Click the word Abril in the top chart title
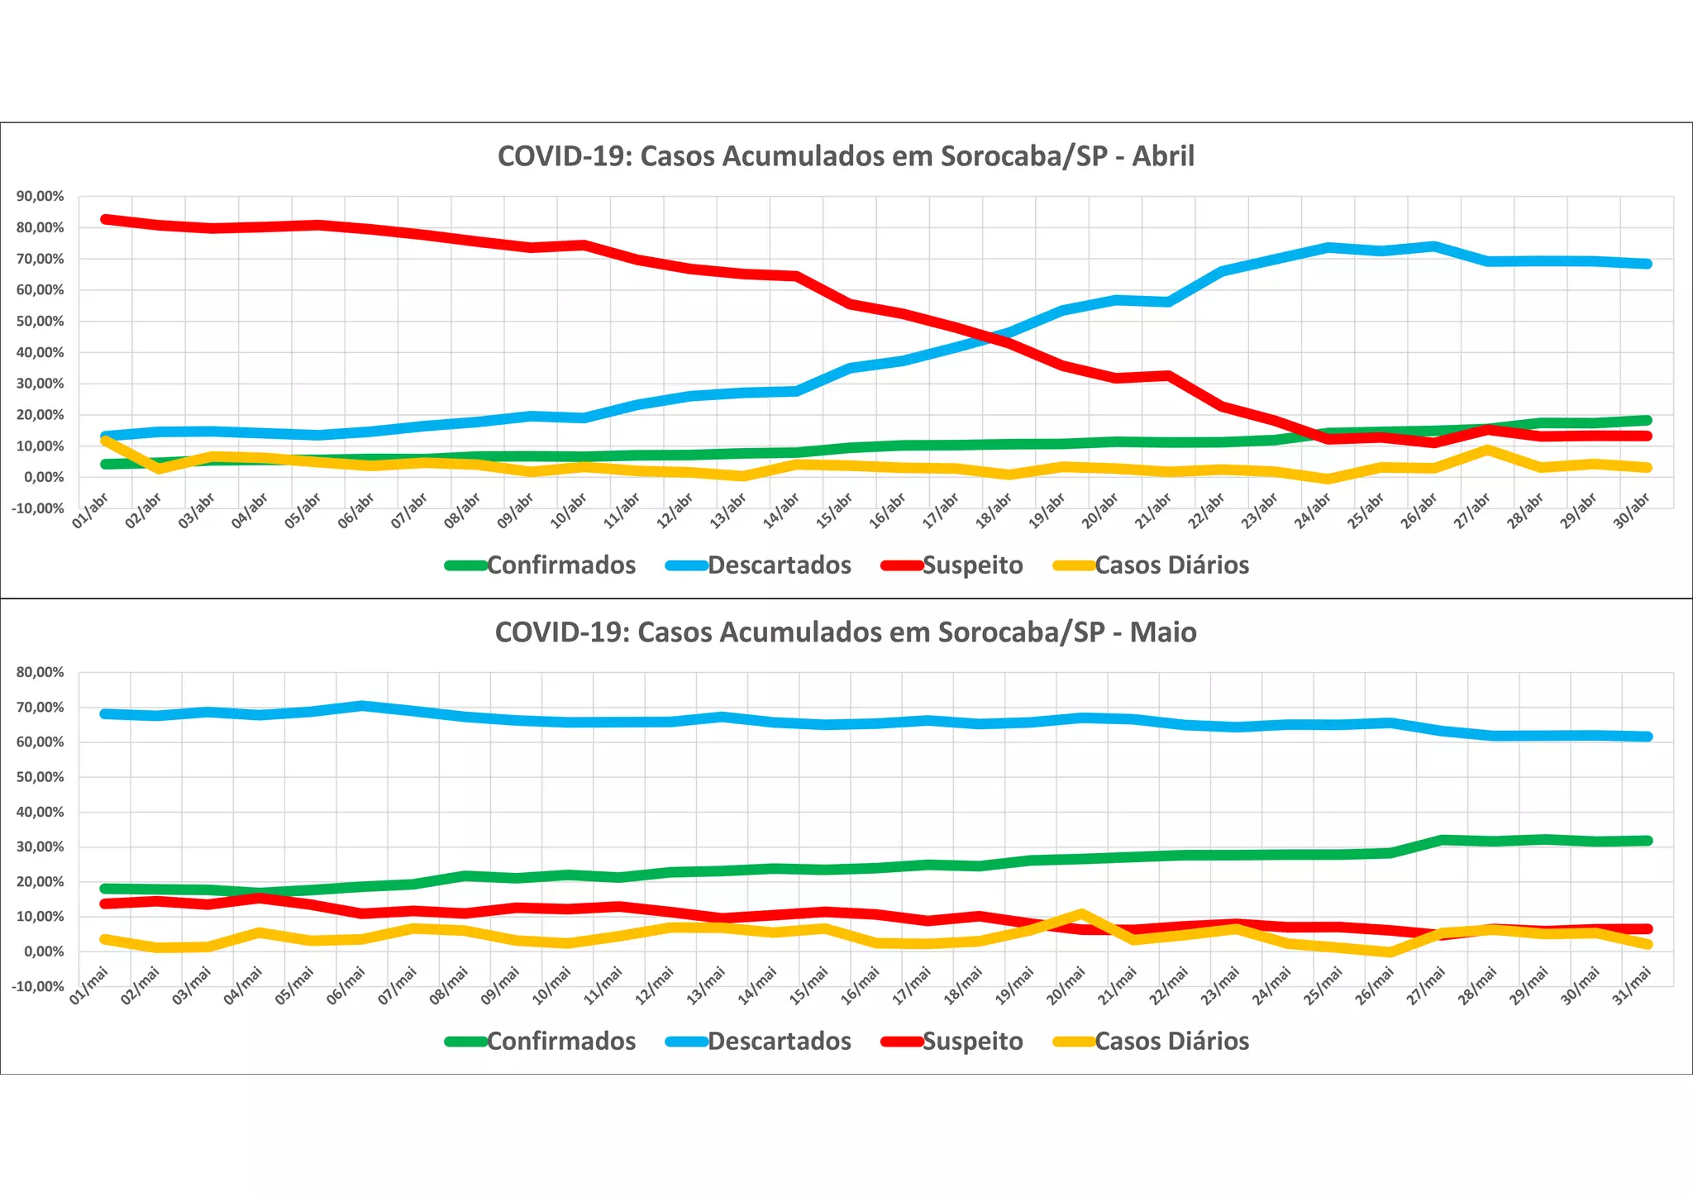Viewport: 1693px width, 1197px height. [x=1163, y=156]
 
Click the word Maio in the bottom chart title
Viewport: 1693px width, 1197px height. [x=1163, y=632]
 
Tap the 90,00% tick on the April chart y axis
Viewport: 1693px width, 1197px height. [x=40, y=197]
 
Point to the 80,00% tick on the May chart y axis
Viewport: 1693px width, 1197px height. [x=40, y=672]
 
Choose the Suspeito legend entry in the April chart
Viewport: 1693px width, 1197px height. [x=972, y=565]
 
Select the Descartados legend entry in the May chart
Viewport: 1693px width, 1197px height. [x=779, y=1042]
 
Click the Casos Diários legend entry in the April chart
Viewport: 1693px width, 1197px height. [x=1171, y=565]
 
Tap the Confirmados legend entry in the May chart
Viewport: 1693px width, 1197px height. [x=560, y=1042]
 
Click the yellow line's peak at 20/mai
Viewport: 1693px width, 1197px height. [x=1081, y=913]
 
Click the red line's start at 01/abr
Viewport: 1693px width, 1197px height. [x=106, y=219]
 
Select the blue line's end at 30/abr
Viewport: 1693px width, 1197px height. [x=1647, y=264]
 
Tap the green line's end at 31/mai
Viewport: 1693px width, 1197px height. [x=1647, y=841]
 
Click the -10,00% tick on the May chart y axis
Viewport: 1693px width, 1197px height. [x=38, y=986]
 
